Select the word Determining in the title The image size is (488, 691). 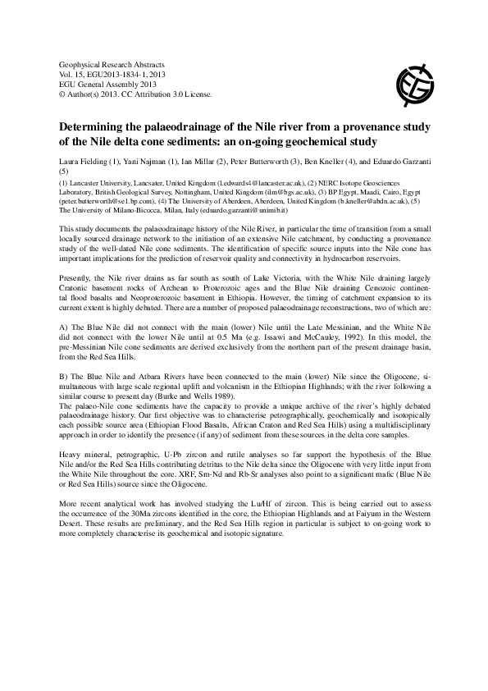pos(93,128)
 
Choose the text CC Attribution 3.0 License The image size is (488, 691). pos(173,94)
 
